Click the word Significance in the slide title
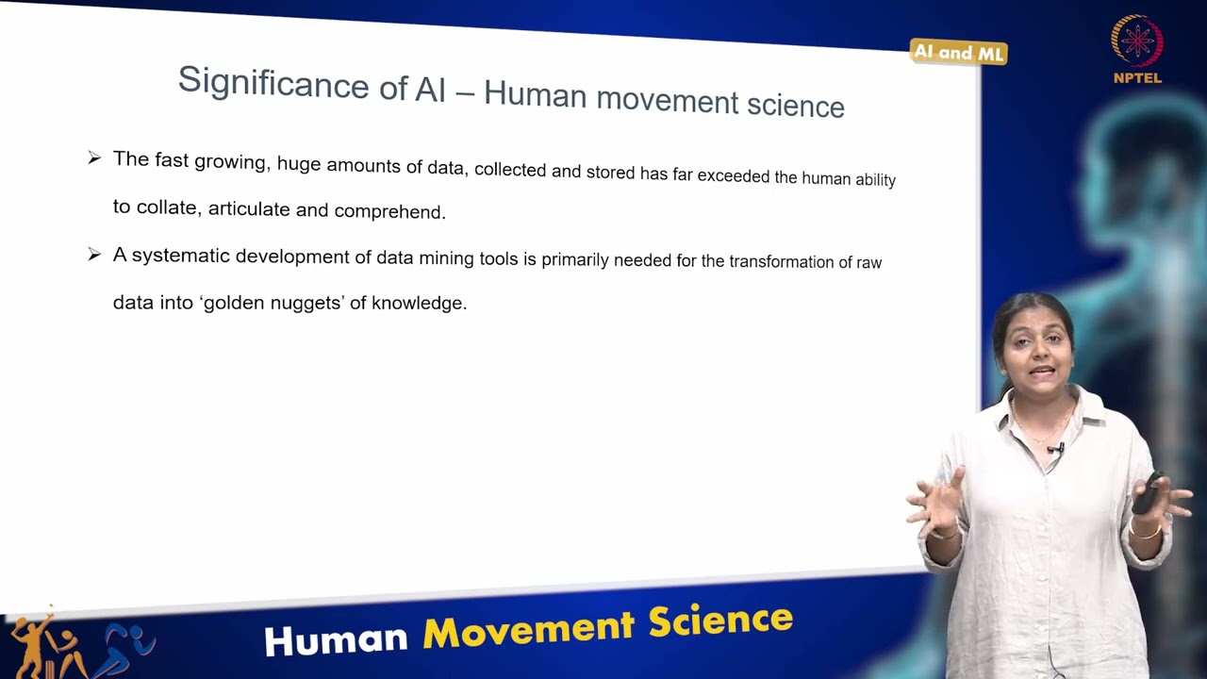[273, 84]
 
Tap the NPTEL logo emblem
[1137, 42]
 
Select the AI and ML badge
[958, 53]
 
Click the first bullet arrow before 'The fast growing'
[94, 158]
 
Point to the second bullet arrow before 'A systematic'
[94, 255]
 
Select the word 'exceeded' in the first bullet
[733, 176]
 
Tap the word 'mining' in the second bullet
[446, 258]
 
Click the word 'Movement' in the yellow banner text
[528, 629]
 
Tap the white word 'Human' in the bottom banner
[335, 639]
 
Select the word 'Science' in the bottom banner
[720, 621]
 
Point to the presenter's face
[1035, 354]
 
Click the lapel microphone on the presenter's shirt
[1057, 449]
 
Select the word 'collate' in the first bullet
[166, 207]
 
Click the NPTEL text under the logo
[1137, 78]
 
